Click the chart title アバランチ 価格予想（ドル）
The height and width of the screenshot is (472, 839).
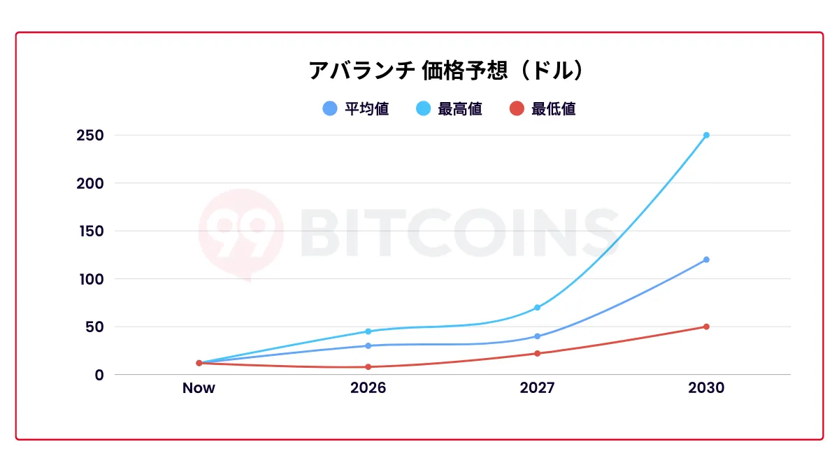coord(446,71)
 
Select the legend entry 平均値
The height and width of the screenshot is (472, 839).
coord(356,109)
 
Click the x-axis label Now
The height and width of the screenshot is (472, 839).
coord(199,388)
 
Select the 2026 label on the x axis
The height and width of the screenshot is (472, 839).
coord(368,388)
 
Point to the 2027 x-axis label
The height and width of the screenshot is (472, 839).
coord(537,388)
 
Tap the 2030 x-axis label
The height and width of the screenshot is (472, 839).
coord(706,388)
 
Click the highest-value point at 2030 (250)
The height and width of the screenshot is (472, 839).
coord(706,135)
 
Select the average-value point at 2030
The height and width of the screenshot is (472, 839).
coord(706,259)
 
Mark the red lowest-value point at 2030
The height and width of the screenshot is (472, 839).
coord(706,327)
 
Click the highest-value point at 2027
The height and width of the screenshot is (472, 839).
coord(537,308)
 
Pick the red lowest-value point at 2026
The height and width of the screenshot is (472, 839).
coord(368,366)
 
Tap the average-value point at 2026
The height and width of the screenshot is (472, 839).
coord(368,345)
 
